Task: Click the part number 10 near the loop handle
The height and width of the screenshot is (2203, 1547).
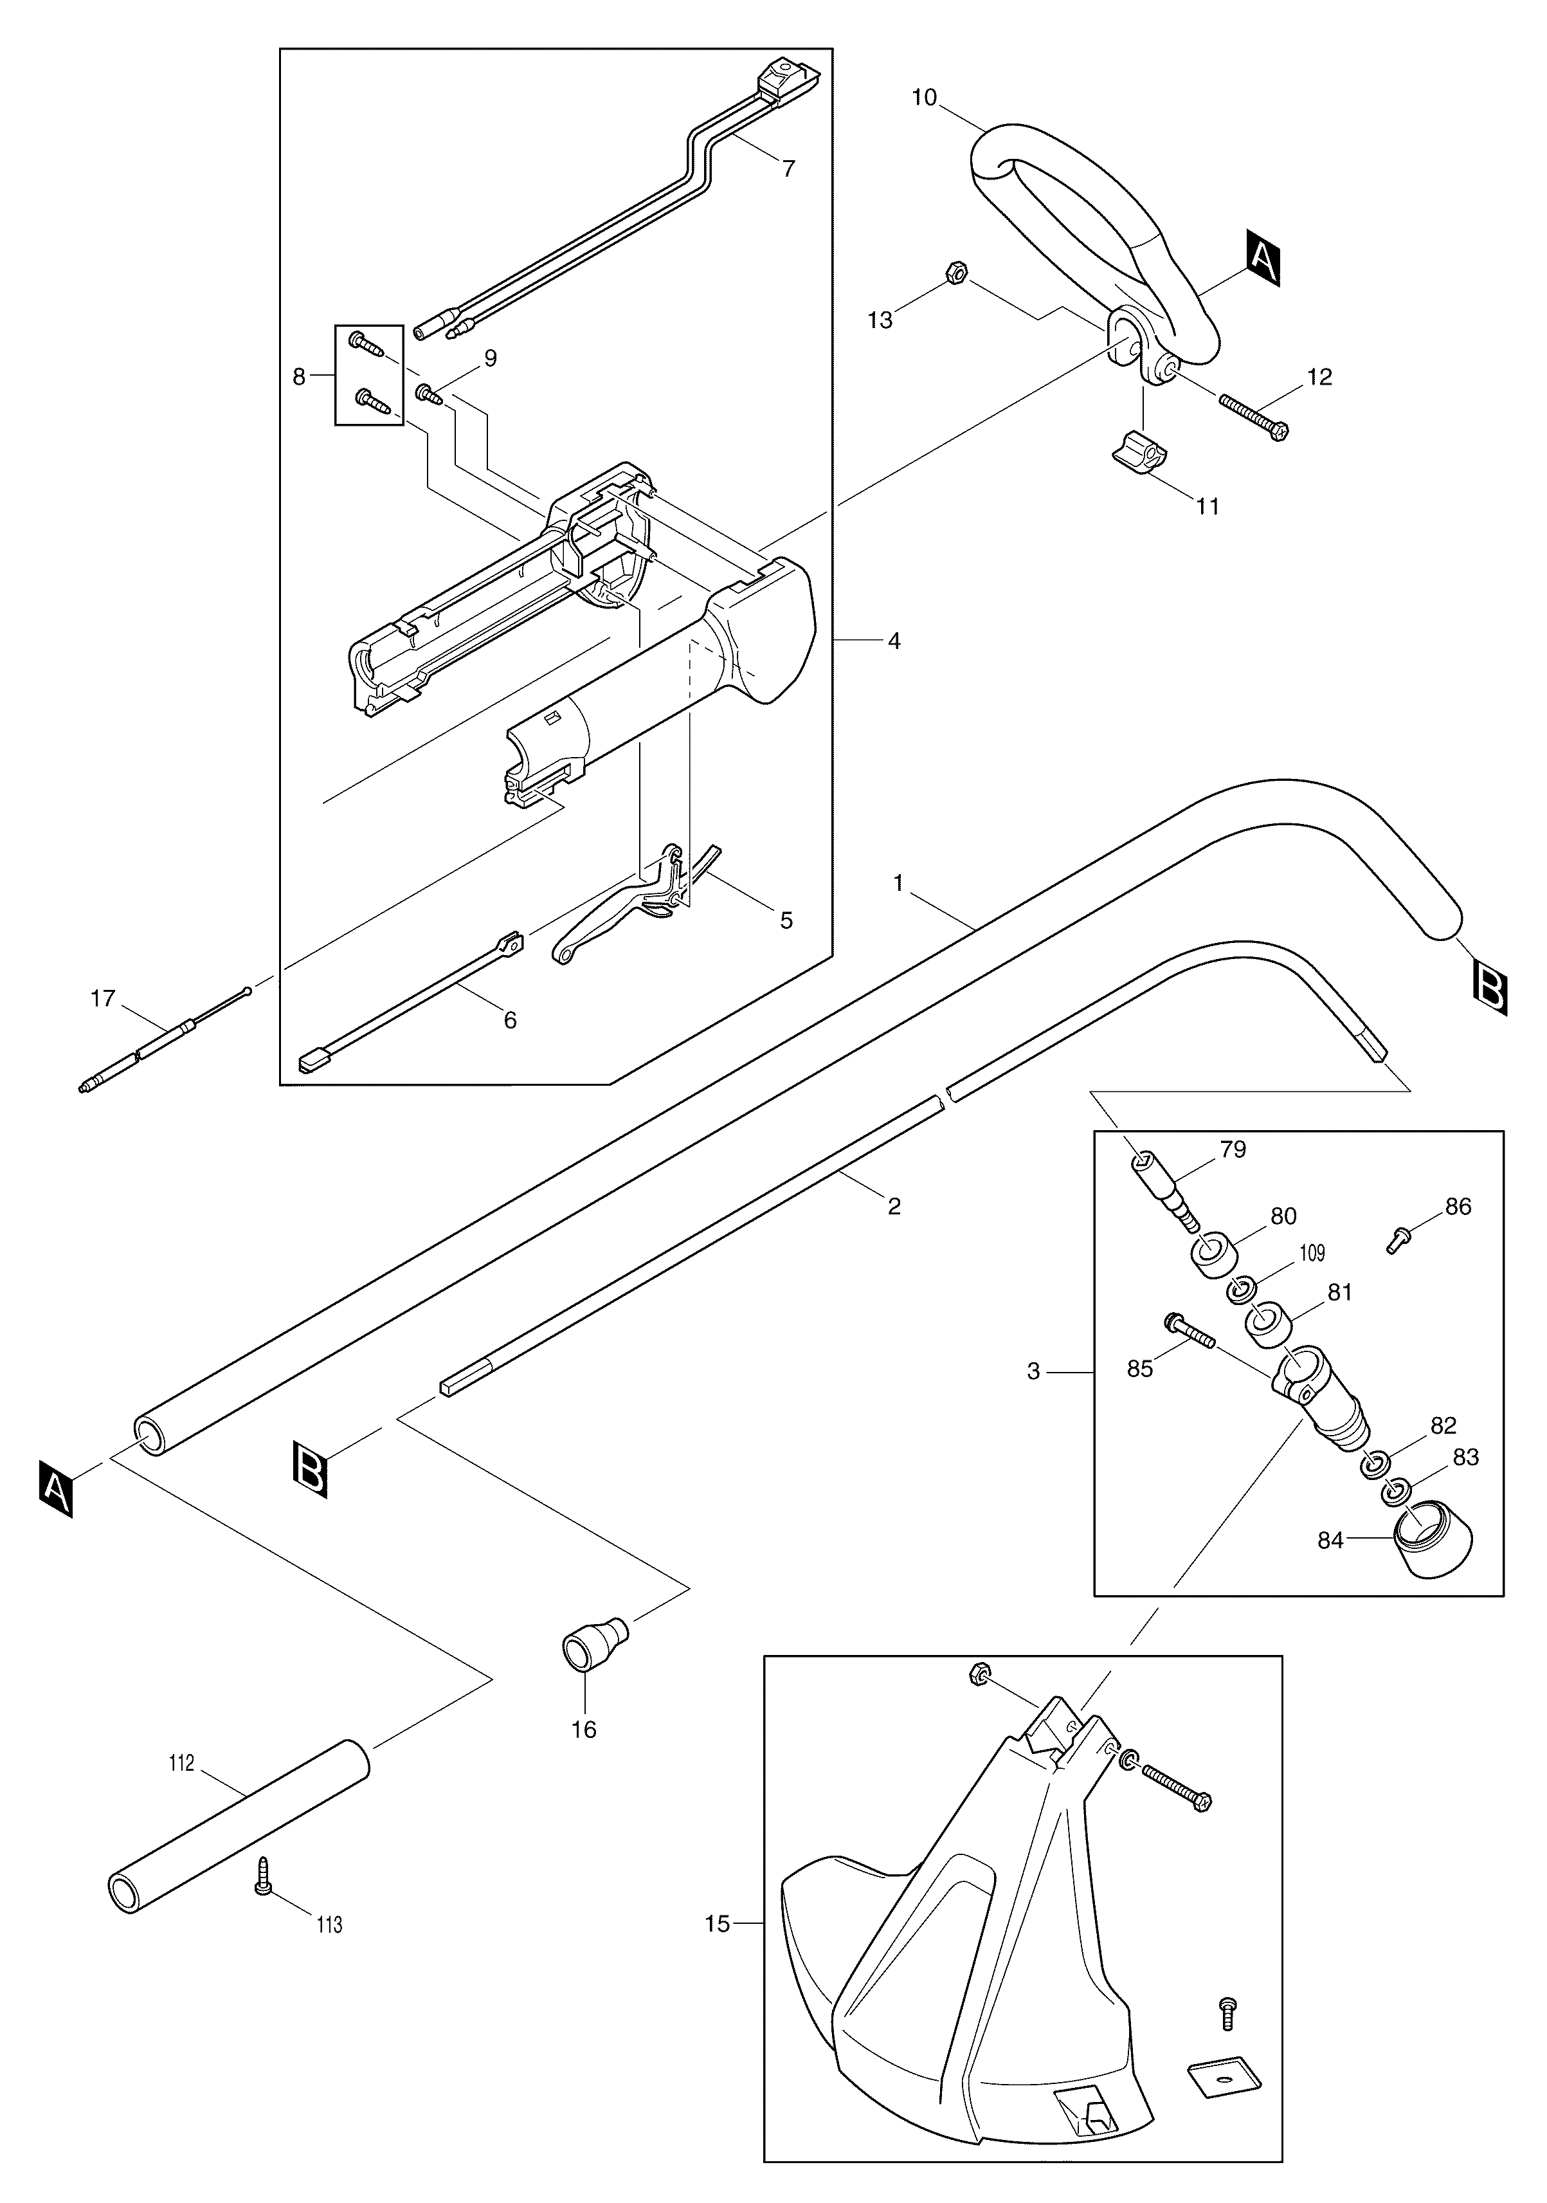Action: [x=925, y=98]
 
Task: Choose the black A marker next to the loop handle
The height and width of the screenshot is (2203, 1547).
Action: [x=1262, y=256]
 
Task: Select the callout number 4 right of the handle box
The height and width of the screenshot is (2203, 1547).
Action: [x=894, y=641]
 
